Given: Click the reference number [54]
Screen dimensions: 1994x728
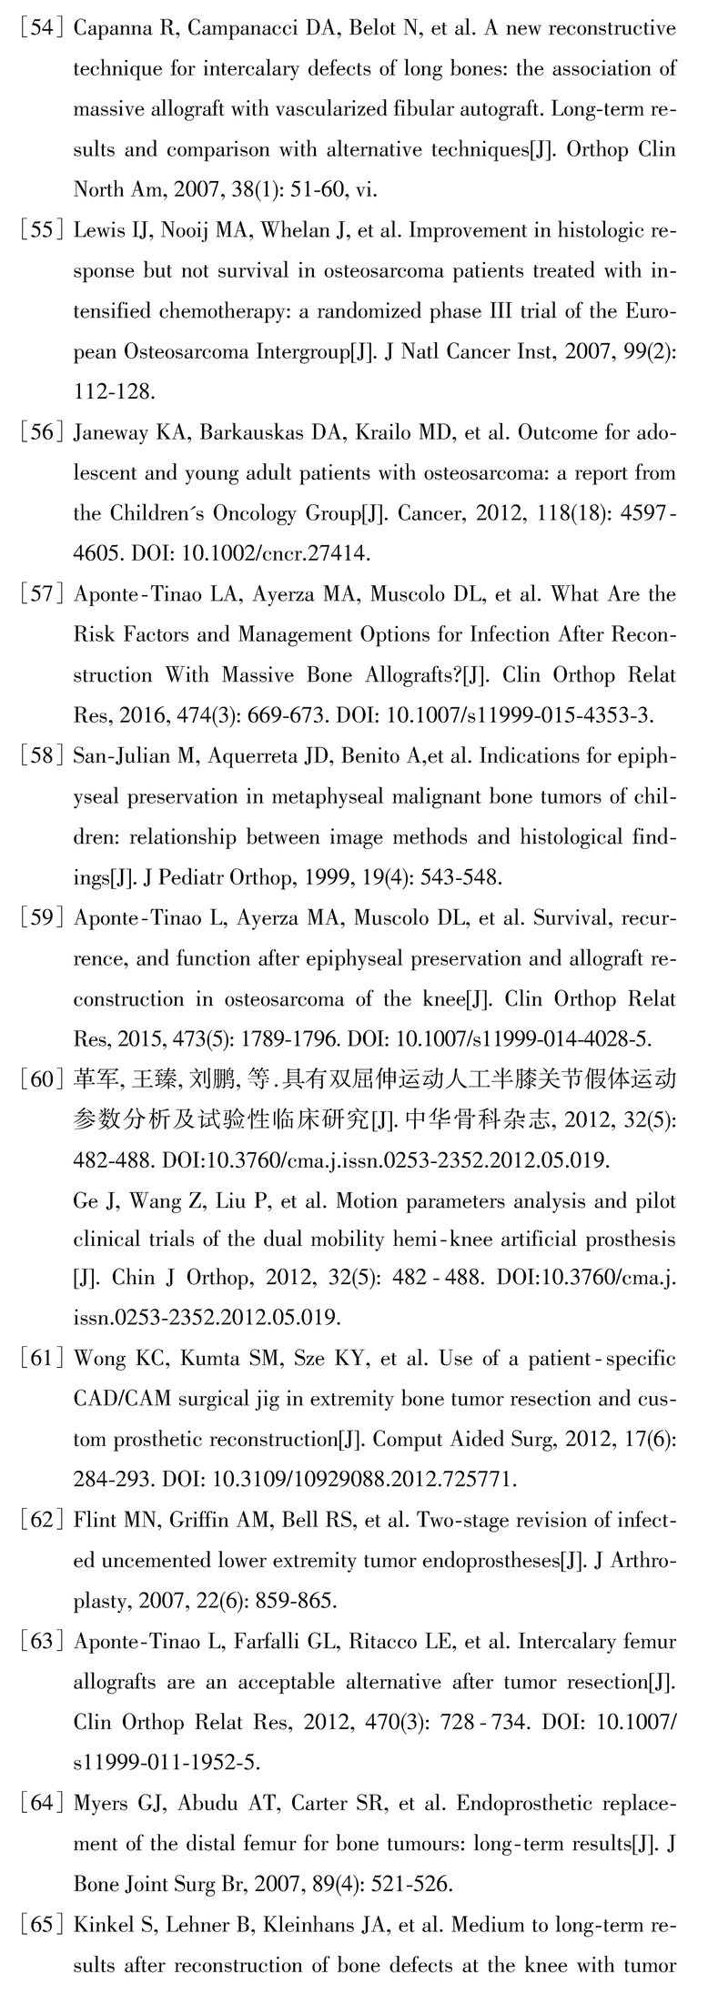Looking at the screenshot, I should point(39,29).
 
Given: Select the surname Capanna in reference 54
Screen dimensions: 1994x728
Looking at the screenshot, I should point(108,29).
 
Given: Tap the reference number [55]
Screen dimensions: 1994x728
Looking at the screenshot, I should point(39,231).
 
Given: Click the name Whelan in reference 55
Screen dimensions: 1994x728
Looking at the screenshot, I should point(292,231).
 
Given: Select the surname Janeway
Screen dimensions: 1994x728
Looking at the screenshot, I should point(111,433).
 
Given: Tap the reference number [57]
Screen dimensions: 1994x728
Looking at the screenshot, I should point(39,595).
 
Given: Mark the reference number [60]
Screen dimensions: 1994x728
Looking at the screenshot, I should point(39,1080).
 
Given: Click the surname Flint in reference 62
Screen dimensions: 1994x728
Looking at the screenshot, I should point(95,1521).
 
